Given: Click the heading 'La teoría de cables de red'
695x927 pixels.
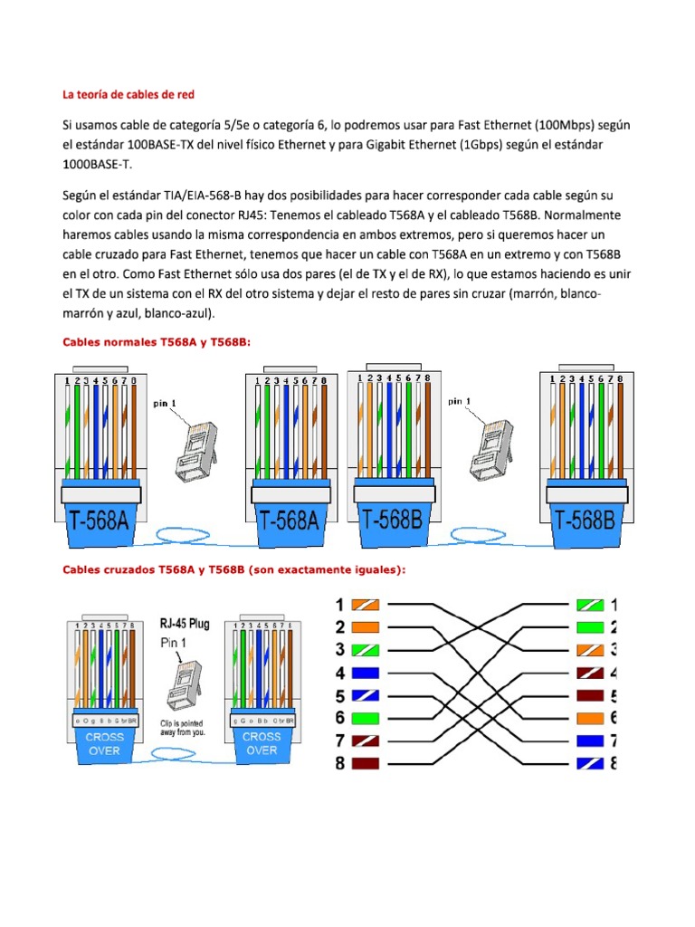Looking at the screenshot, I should (x=128, y=94).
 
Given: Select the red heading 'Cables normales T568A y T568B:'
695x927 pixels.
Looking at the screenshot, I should (x=155, y=341).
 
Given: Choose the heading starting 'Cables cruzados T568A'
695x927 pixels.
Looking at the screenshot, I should (x=233, y=569).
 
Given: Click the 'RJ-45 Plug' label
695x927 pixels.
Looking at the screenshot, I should (x=185, y=624).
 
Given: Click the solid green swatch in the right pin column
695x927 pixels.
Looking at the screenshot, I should (x=590, y=626).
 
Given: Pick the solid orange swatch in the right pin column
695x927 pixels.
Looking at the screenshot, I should (x=590, y=718).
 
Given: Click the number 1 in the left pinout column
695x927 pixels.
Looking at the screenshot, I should (x=340, y=605).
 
